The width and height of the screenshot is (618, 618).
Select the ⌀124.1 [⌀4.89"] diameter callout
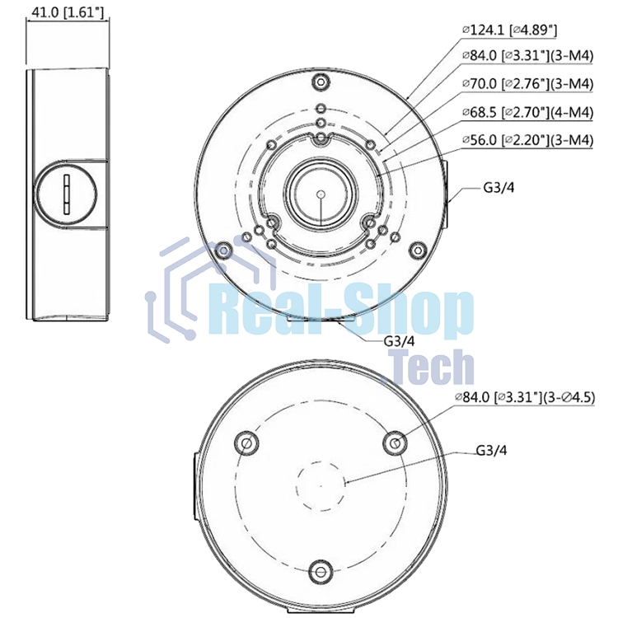510,30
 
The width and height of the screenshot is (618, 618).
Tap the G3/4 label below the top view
400,340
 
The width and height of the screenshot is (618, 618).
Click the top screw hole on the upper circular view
321,82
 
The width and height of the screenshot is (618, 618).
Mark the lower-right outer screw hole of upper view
418,249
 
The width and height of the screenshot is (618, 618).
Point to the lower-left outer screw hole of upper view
223,249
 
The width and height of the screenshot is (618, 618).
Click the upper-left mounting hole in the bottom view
246,442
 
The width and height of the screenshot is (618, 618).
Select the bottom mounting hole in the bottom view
321,571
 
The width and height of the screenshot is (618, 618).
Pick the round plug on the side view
66,190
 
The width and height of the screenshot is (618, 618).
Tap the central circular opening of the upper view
321,194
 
